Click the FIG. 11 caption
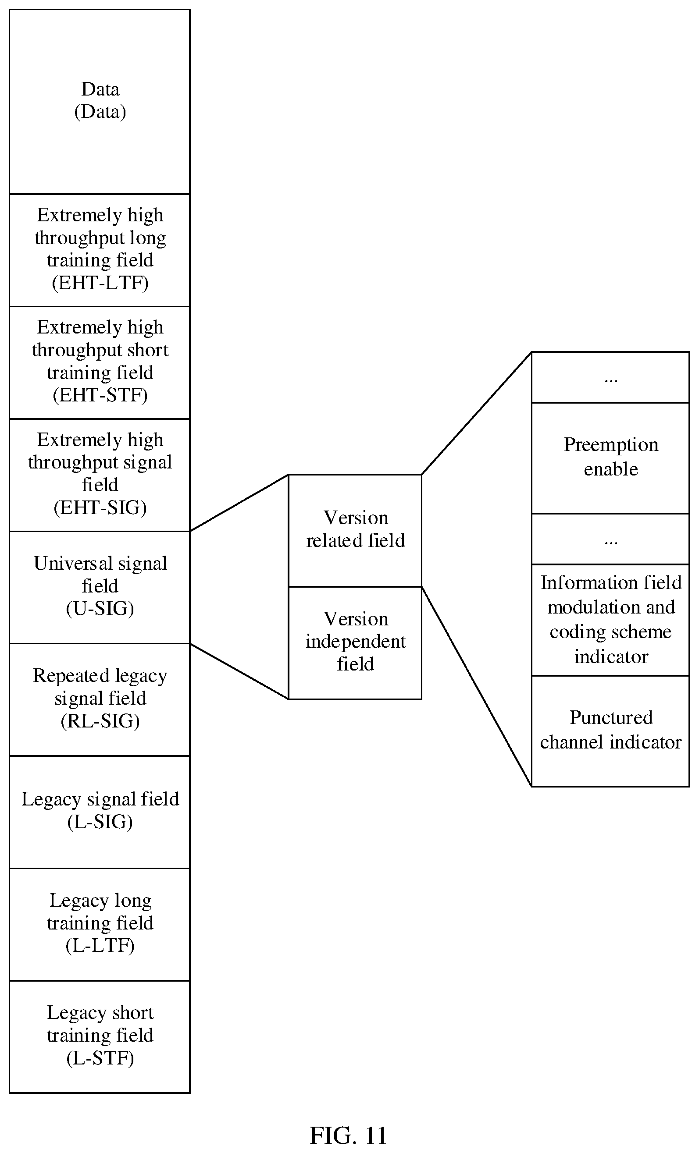click(348, 1135)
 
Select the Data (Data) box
click(100, 102)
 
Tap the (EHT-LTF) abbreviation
click(100, 283)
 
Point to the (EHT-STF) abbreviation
click(100, 395)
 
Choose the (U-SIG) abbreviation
click(100, 608)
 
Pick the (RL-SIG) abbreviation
click(100, 721)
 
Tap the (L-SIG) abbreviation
click(100, 822)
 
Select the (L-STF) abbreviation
click(100, 1058)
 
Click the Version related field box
click(355, 531)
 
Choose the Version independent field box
click(355, 643)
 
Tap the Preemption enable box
click(610, 458)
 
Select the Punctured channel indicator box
click(610, 731)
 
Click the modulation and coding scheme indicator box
click(610, 620)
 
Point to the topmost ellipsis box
click(610, 377)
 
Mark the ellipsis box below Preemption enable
click(610, 539)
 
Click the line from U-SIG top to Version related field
click(239, 503)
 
